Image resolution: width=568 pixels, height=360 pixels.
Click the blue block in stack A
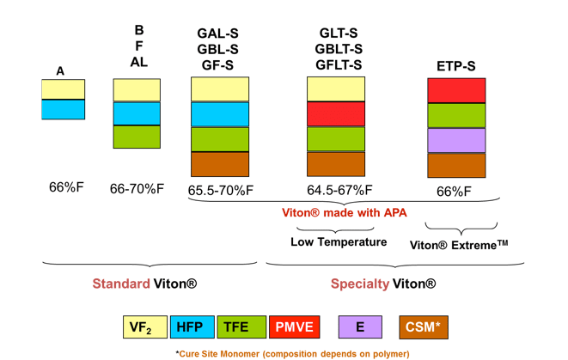coord(63,110)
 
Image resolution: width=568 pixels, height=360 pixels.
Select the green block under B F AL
coord(137,137)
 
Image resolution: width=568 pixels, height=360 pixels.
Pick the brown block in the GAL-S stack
coord(220,164)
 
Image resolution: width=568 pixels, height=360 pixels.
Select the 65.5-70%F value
coord(220,189)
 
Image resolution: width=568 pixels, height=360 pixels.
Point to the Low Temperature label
coord(338,241)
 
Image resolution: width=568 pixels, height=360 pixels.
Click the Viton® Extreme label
coord(460,244)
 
